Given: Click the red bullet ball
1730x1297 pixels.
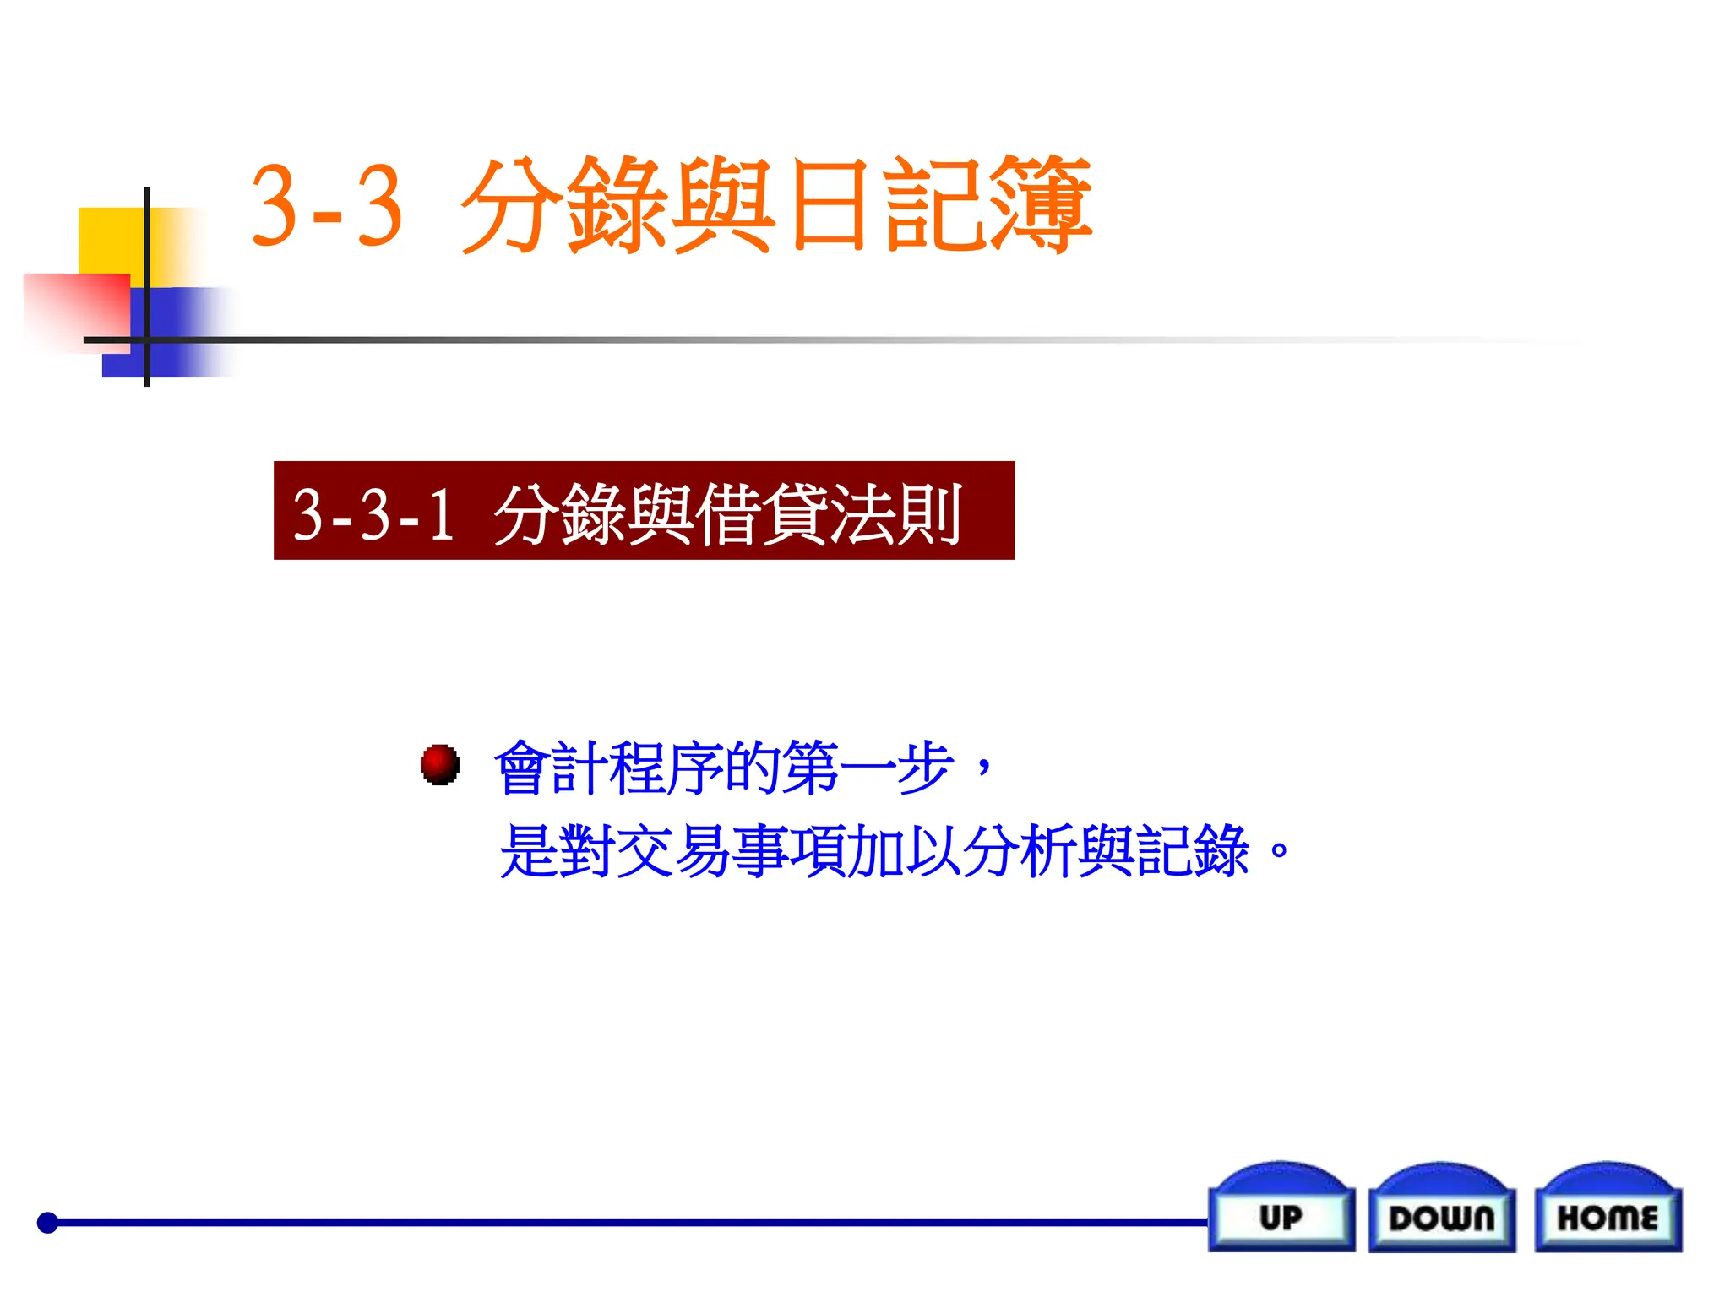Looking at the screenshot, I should (440, 765).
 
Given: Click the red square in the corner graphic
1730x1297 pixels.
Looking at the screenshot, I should (76, 309).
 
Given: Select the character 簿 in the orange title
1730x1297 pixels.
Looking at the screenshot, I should (1041, 205).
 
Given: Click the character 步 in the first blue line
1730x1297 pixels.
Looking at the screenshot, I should (925, 768).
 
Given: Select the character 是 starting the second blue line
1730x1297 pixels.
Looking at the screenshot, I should (529, 851).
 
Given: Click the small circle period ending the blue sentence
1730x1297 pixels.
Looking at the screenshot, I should (1279, 848).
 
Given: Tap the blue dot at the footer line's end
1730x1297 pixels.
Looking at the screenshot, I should (48, 1222).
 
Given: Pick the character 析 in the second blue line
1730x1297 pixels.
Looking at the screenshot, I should (1047, 851).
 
